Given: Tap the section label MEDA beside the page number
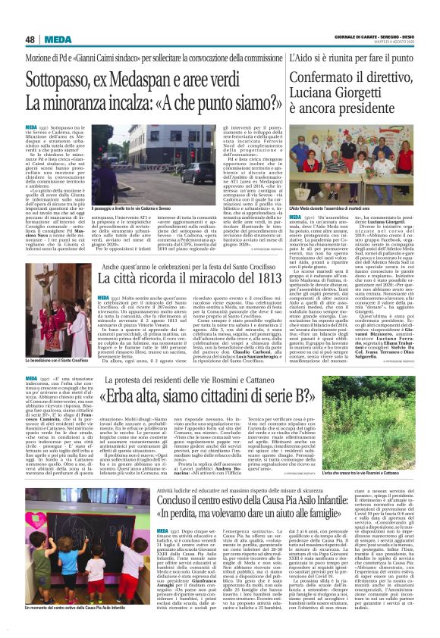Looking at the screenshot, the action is coord(57,39).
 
